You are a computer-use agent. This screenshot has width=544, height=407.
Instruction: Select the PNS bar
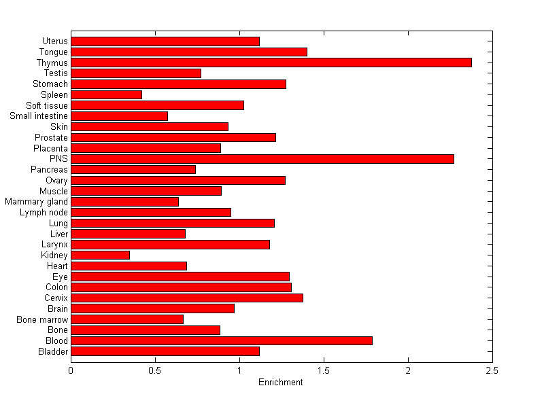[x=262, y=159]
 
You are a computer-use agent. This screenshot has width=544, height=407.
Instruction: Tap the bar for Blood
[x=221, y=340]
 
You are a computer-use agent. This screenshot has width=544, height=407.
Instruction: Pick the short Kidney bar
[x=100, y=255]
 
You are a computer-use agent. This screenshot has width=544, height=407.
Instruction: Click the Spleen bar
[x=106, y=94]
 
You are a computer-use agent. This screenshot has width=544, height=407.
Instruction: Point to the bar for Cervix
[x=186, y=298]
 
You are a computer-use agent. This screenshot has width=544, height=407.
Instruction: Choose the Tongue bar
[x=188, y=52]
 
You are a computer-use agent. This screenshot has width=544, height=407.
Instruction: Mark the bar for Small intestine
[x=119, y=116]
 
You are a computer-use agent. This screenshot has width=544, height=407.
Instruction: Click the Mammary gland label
[x=36, y=202]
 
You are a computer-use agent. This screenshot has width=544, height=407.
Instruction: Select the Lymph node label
[x=44, y=213]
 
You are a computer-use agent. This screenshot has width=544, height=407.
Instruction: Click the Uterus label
[x=54, y=41]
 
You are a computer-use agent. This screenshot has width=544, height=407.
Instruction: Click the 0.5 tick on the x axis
[x=155, y=370]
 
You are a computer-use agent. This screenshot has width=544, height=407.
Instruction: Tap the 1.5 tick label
[x=324, y=370]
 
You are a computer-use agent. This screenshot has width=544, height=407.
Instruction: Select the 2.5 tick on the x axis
[x=492, y=370]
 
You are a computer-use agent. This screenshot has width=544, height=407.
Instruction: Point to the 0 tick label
[x=71, y=370]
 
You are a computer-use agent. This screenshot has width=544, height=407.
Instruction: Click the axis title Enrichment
[x=281, y=383]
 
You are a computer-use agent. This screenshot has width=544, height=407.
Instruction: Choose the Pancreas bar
[x=133, y=169]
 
